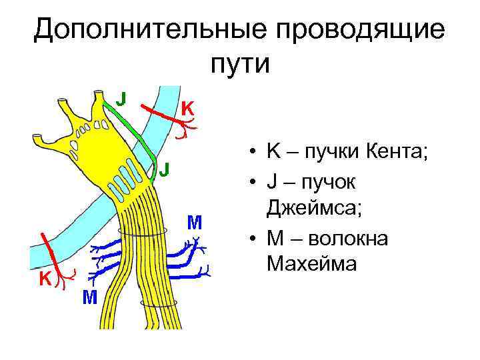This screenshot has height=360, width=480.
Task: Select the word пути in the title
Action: coord(240,65)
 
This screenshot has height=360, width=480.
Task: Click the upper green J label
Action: coord(121,98)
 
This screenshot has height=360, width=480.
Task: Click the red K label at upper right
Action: coord(189,107)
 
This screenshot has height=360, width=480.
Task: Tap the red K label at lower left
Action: coord(45,279)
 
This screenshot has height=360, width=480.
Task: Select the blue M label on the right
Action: coord(195,221)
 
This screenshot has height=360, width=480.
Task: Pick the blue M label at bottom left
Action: coord(89,297)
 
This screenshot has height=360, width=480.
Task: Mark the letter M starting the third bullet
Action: coord(273,237)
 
